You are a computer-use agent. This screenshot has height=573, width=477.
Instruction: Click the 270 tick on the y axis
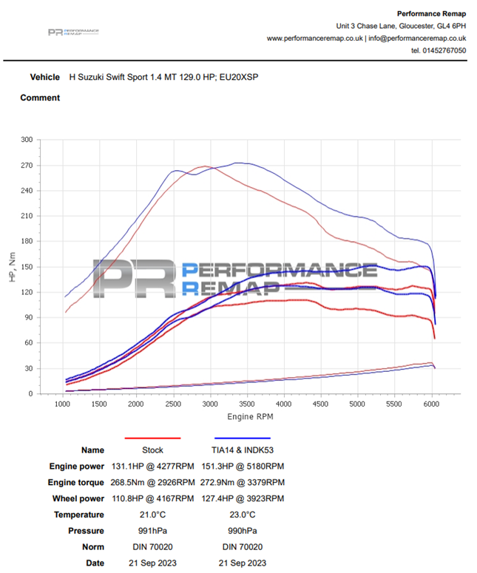[x=27, y=165]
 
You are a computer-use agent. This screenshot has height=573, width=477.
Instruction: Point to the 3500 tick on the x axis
[x=246, y=405]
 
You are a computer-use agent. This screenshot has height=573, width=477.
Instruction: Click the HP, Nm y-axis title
[x=10, y=266]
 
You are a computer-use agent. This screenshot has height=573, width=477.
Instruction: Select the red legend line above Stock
[x=152, y=438]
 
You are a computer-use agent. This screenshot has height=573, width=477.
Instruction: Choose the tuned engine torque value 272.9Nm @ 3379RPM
[x=243, y=482]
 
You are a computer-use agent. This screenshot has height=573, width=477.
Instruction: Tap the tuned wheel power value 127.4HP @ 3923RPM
[x=243, y=498]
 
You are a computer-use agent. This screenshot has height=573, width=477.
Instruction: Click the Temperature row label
[x=78, y=515]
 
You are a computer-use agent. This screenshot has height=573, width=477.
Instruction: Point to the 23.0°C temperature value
[x=243, y=515]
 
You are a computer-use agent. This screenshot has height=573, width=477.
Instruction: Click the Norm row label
[x=92, y=547]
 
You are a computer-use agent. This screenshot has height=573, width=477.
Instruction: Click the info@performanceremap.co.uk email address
[x=417, y=38]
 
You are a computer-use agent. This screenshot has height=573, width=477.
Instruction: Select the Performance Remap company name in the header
[x=431, y=13]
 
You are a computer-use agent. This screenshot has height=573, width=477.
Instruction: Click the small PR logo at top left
[x=73, y=32]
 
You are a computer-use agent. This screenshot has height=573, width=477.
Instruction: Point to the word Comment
[x=40, y=98]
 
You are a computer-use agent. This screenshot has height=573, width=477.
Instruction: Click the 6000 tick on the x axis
[x=432, y=405]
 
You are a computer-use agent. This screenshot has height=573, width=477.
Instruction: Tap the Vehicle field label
[x=44, y=77]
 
